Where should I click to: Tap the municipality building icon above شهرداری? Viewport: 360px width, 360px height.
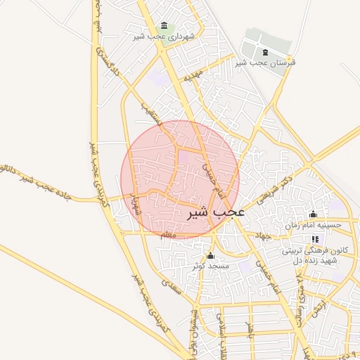point(165,25)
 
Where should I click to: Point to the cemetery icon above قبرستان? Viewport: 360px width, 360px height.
point(264,52)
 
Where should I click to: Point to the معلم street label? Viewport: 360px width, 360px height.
point(169,235)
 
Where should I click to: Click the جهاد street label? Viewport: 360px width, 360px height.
point(264,236)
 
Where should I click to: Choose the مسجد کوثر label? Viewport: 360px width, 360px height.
point(211,266)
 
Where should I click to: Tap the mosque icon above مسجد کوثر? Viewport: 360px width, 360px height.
point(210,255)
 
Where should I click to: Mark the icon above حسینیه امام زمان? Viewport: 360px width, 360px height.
point(314,214)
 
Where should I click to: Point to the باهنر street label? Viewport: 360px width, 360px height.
point(248,328)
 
